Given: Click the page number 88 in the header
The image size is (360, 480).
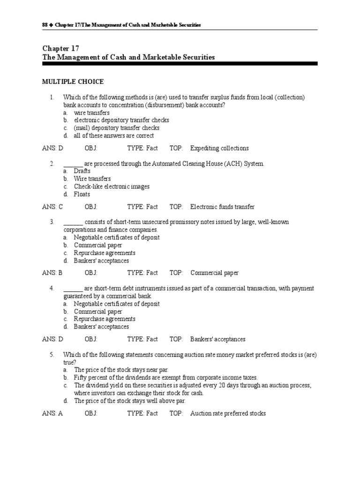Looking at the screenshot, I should pyautogui.click(x=45, y=24).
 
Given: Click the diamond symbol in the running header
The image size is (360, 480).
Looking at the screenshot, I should pyautogui.click(x=52, y=24).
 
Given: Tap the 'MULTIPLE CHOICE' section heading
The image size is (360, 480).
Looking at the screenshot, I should pyautogui.click(x=73, y=82).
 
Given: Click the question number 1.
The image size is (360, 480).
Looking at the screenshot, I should pyautogui.click(x=52, y=97).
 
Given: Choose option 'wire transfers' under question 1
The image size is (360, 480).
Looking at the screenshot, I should pyautogui.click(x=92, y=112).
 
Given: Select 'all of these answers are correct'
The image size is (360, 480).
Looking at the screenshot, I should pyautogui.click(x=114, y=135).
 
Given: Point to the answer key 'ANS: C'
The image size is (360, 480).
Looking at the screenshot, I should pyautogui.click(x=52, y=207).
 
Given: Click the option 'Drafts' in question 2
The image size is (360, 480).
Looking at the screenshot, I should pyautogui.click(x=82, y=171).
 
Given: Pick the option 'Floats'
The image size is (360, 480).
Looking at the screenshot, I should pyautogui.click(x=82, y=194).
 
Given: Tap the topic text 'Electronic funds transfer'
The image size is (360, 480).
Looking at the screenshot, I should pyautogui.click(x=223, y=207).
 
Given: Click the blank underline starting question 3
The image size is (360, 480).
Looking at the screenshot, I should pyautogui.click(x=73, y=222).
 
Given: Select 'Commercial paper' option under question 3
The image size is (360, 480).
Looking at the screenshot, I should pyautogui.click(x=98, y=245).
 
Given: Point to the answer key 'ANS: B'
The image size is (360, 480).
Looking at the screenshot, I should pyautogui.click(x=52, y=273).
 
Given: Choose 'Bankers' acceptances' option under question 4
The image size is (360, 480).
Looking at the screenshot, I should pyautogui.click(x=101, y=327).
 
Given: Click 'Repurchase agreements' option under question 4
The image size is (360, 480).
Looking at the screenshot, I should pyautogui.click(x=105, y=319).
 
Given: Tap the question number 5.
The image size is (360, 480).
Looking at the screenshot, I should pyautogui.click(x=52, y=355).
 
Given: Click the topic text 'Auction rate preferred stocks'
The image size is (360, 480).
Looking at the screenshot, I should pyautogui.click(x=228, y=413).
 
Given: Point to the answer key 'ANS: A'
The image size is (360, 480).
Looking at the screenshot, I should pyautogui.click(x=52, y=413).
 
